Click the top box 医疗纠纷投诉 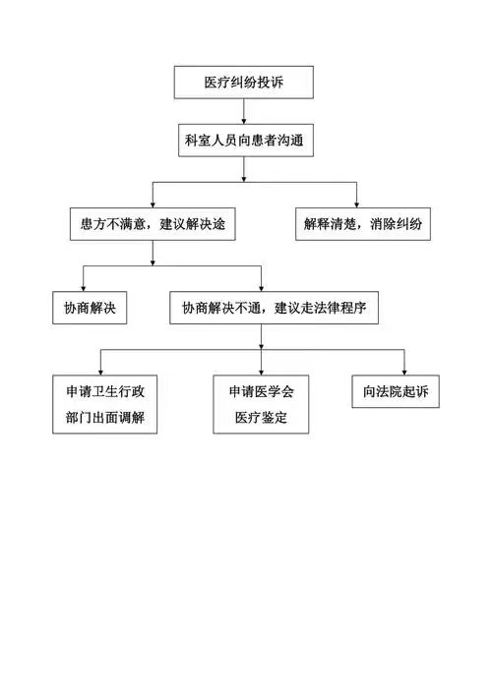point(244,83)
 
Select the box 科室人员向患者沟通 point(246,141)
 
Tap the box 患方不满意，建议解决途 point(153,224)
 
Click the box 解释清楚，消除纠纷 point(363,224)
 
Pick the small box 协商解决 point(90,308)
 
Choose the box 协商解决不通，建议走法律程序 point(274,308)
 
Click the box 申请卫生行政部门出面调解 point(105,404)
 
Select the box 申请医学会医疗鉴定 point(261,404)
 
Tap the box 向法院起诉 point(396,391)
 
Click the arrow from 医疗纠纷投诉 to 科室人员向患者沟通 point(244,111)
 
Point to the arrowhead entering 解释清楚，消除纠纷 point(356,204)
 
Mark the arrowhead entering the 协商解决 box point(83,288)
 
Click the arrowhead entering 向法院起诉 point(404,372)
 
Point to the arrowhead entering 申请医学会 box point(261,372)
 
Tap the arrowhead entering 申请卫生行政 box point(101,372)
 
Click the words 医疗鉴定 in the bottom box point(261,417)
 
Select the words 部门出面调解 point(105,417)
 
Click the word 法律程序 point(339,308)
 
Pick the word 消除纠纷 point(396,224)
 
